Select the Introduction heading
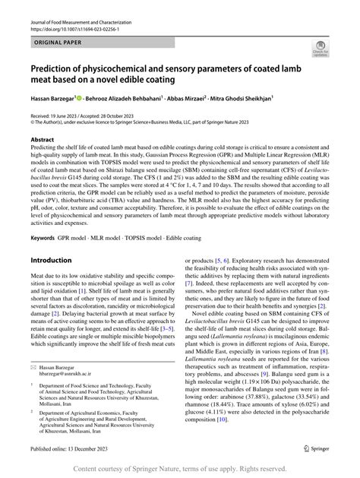pyautogui.click(x=58, y=261)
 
